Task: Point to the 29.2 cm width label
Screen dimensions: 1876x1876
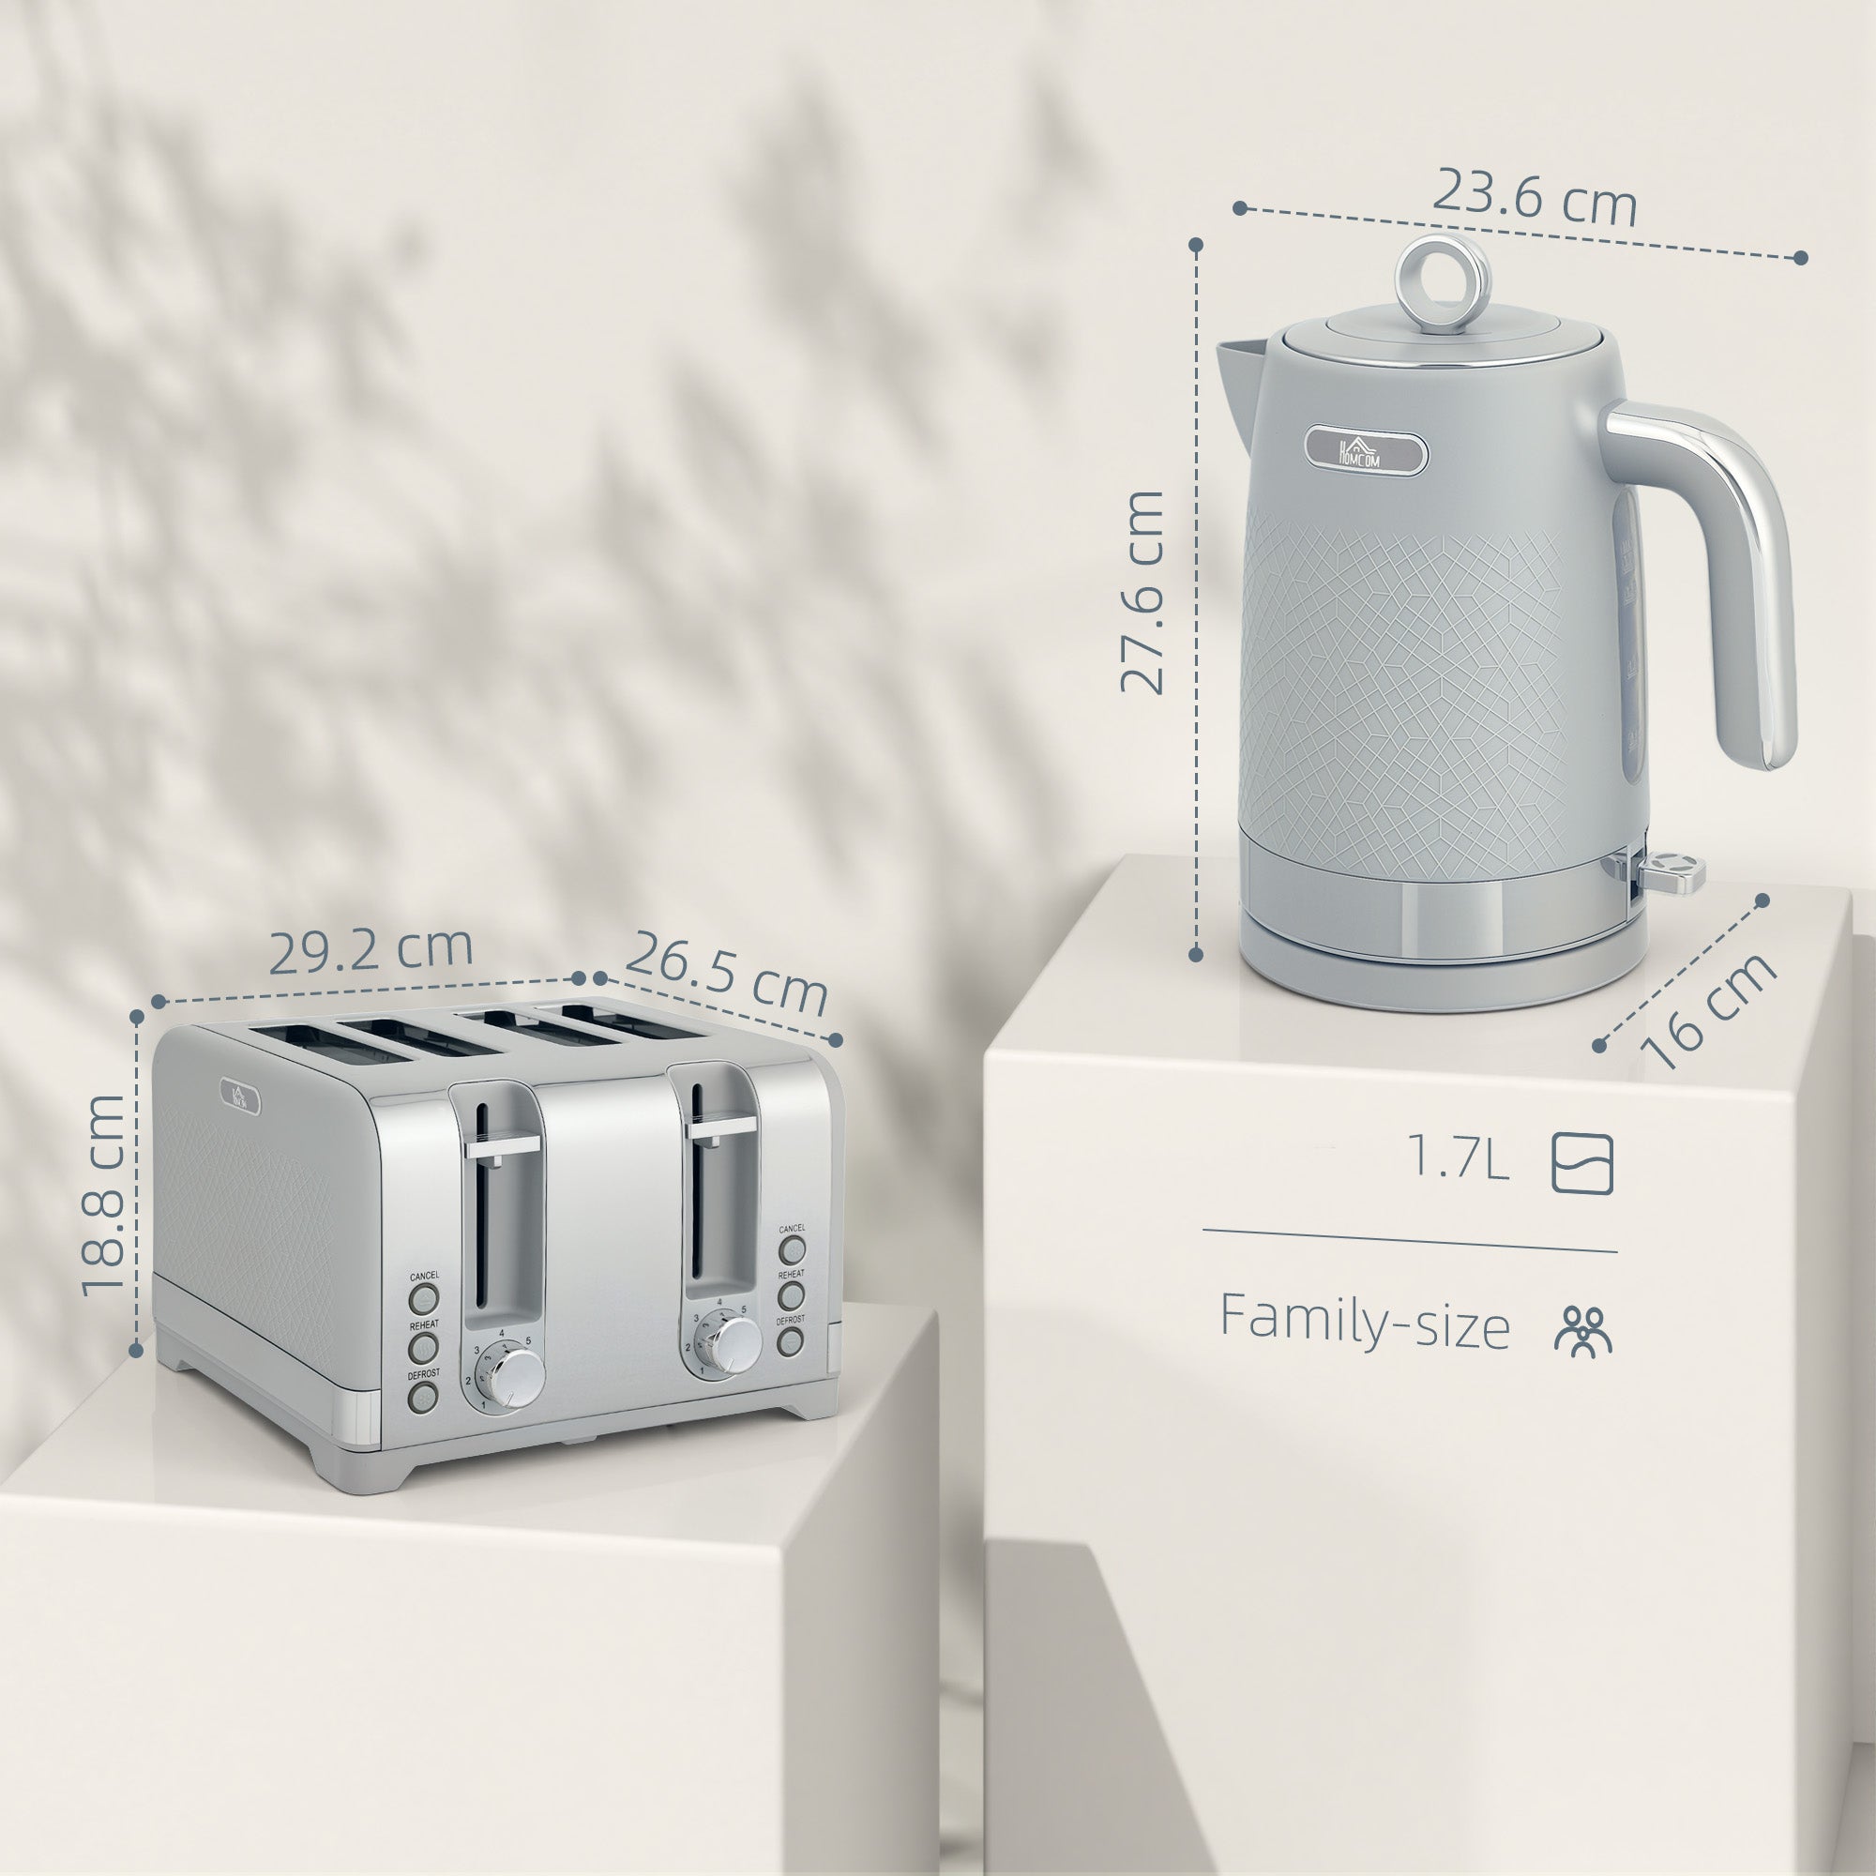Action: tap(370, 950)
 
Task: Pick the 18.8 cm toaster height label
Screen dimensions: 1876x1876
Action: tap(104, 1196)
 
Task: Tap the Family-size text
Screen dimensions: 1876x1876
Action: tap(1364, 1322)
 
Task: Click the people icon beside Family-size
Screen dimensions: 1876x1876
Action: tap(1581, 1329)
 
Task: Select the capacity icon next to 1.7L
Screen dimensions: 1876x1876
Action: tap(1581, 1162)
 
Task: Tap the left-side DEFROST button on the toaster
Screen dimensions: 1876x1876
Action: tap(423, 1397)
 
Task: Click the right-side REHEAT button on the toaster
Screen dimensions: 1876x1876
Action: tap(792, 1294)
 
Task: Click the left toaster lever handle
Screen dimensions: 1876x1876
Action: tap(502, 1146)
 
